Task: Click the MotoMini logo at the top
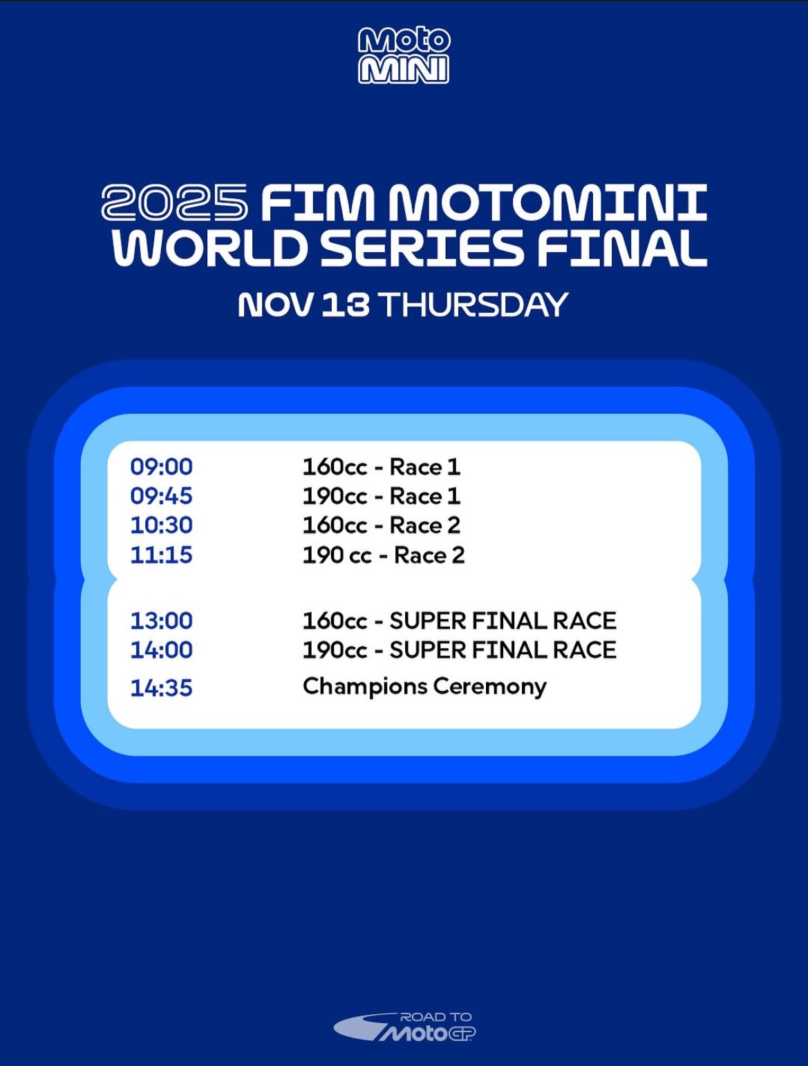pyautogui.click(x=404, y=56)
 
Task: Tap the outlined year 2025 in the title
pyautogui.click(x=174, y=202)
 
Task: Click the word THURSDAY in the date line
pyautogui.click(x=473, y=305)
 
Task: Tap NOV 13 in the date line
pyautogui.click(x=303, y=305)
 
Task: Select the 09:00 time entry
pyautogui.click(x=161, y=467)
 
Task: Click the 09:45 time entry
pyautogui.click(x=161, y=496)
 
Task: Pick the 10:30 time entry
pyautogui.click(x=161, y=525)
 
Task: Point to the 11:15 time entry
pyautogui.click(x=161, y=555)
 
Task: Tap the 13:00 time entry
pyautogui.click(x=161, y=620)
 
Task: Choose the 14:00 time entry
pyautogui.click(x=161, y=650)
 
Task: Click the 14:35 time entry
pyautogui.click(x=161, y=687)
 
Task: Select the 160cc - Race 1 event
pyautogui.click(x=382, y=467)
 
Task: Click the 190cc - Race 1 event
pyautogui.click(x=382, y=496)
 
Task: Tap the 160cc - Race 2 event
pyautogui.click(x=382, y=525)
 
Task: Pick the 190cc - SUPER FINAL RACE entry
pyautogui.click(x=460, y=650)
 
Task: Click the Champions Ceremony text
pyautogui.click(x=424, y=687)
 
